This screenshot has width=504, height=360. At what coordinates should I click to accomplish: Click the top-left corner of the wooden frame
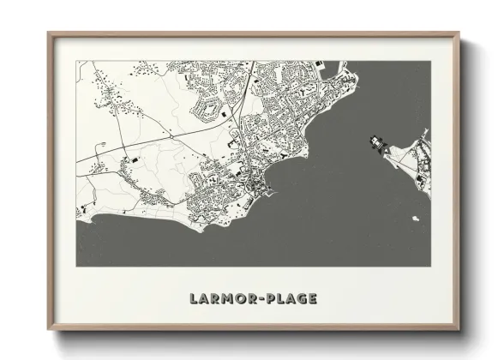click(48, 33)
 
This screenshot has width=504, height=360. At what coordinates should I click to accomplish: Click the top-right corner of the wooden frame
click(459, 33)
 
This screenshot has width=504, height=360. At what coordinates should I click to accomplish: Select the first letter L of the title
click(189, 299)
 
